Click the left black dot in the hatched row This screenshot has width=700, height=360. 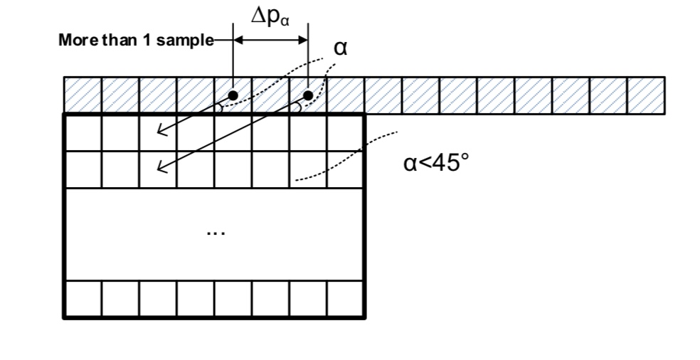[233, 95]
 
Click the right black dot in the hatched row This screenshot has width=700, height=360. [308, 95]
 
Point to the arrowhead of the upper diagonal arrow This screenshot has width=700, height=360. [161, 131]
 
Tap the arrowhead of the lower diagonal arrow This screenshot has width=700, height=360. [161, 169]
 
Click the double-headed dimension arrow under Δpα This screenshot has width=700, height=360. [270, 41]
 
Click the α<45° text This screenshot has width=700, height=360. [436, 164]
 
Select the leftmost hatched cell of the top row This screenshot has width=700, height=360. [83, 95]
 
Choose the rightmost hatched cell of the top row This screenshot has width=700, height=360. [646, 95]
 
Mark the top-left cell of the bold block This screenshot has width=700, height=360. [83, 132]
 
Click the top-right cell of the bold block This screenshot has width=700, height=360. [346, 132]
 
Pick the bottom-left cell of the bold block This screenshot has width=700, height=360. [83, 299]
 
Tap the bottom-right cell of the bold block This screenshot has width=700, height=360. [346, 299]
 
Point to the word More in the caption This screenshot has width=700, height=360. [75, 41]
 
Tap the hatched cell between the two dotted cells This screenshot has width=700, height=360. [270, 95]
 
